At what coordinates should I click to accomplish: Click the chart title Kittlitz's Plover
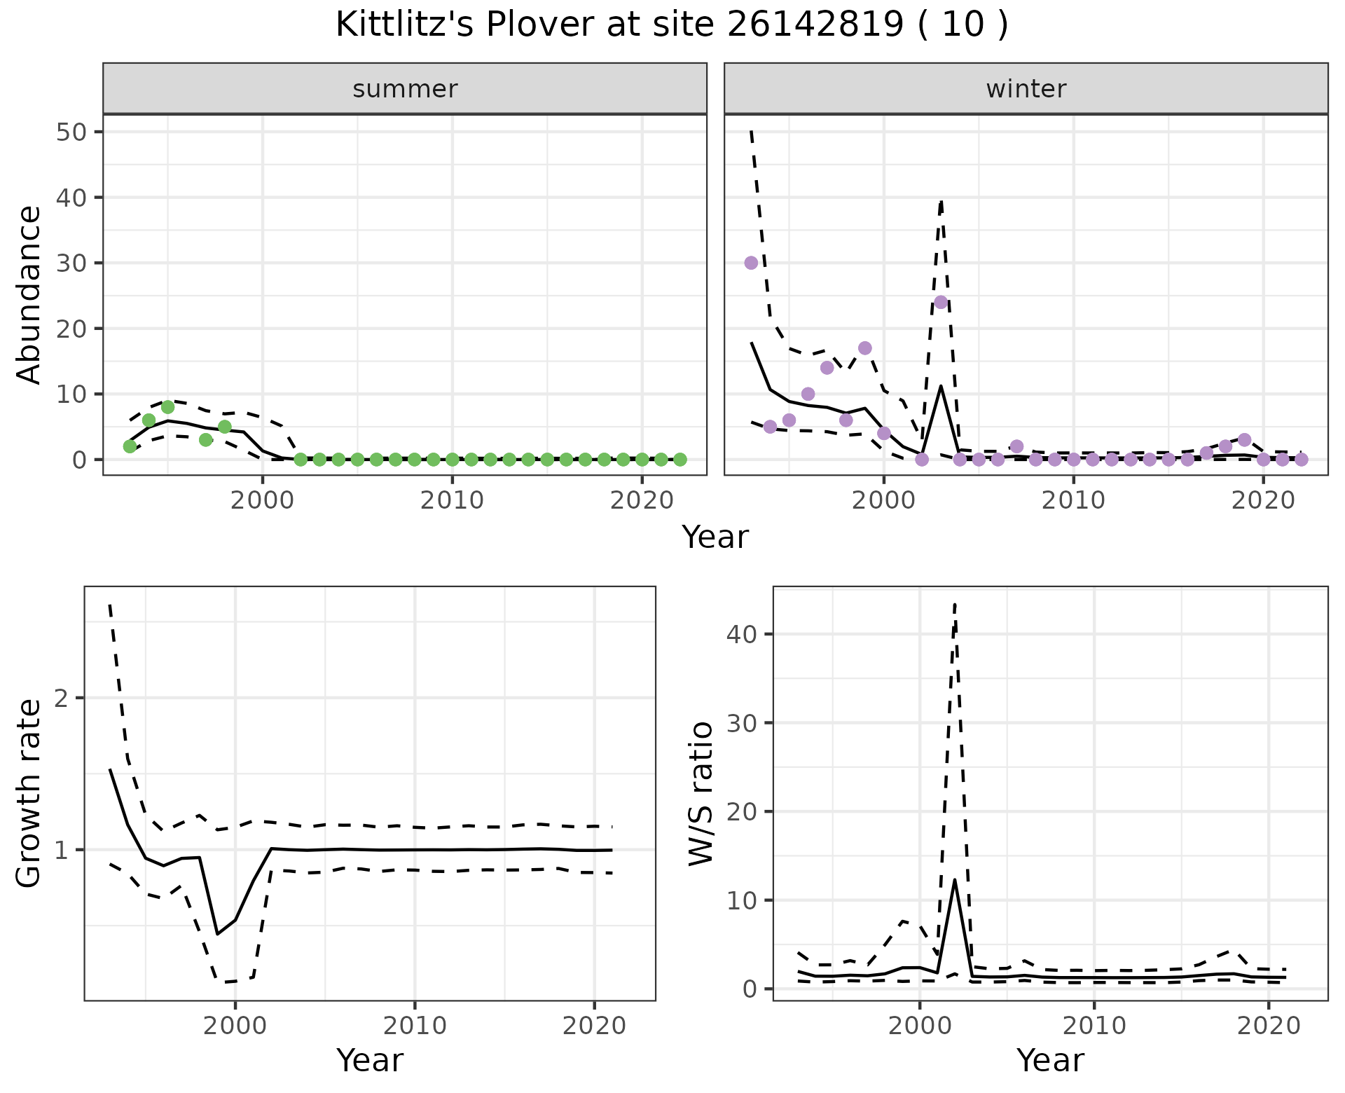tap(671, 25)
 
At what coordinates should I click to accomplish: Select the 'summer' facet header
tap(405, 89)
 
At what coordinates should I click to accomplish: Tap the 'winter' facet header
tap(1026, 89)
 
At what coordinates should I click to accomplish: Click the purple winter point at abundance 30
tap(751, 263)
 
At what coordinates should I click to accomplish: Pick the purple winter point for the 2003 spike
tap(941, 302)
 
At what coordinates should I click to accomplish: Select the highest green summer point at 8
tap(167, 407)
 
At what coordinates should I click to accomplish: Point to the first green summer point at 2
tap(130, 446)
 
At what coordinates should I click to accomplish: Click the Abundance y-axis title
tap(29, 294)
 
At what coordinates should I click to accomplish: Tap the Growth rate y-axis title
tap(29, 794)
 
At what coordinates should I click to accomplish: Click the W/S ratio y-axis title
tap(701, 794)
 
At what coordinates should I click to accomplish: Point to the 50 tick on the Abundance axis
tap(70, 132)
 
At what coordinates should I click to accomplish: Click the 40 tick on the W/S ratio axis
tap(741, 634)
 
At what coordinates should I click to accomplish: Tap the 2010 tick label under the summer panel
tap(453, 500)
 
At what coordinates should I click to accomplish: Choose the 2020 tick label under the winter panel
tap(1262, 500)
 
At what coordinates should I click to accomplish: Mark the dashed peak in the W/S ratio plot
tap(955, 604)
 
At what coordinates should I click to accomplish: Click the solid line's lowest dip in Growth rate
tap(218, 934)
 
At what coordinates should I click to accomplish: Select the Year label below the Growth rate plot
tap(370, 1061)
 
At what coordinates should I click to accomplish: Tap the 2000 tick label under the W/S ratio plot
tap(919, 1026)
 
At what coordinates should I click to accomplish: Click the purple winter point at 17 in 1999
tap(864, 348)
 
